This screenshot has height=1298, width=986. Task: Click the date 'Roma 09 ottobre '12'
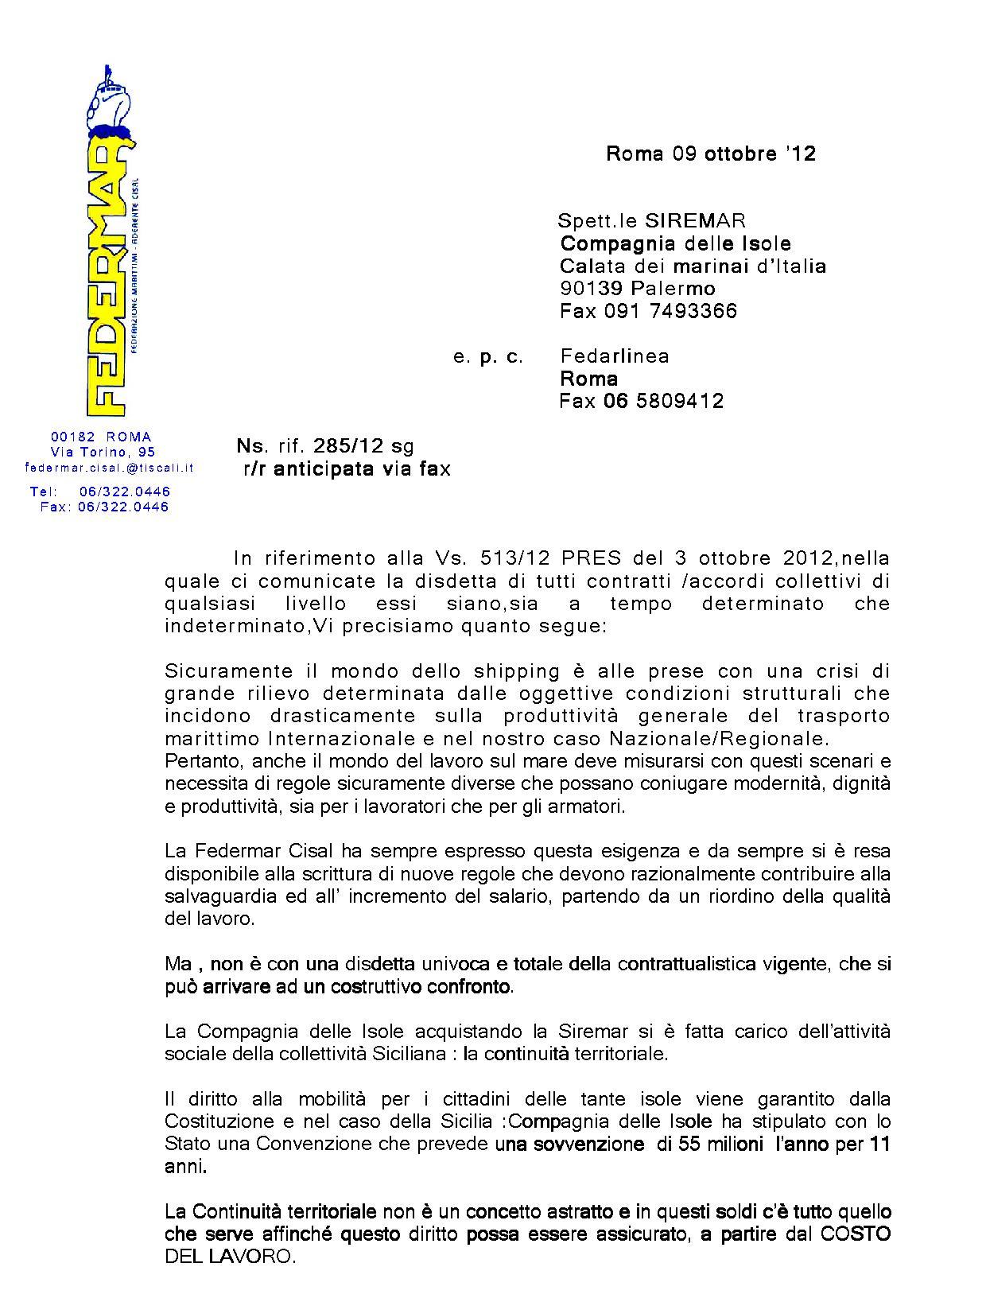click(710, 154)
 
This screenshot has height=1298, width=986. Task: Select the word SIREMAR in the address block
click(695, 220)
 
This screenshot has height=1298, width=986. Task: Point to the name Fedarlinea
click(615, 356)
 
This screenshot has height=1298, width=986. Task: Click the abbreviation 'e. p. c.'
click(488, 357)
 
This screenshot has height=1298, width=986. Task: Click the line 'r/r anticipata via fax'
click(347, 469)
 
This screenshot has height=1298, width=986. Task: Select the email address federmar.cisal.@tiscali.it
click(110, 468)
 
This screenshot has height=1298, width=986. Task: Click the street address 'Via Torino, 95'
click(103, 452)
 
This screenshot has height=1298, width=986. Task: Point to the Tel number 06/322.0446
click(125, 492)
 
